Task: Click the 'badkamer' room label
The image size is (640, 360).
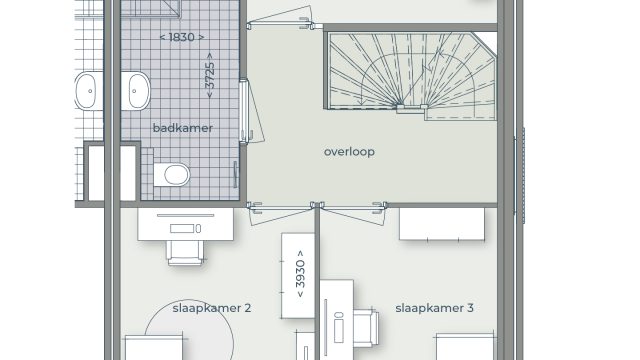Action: tap(182, 128)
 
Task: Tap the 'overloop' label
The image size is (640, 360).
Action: tap(349, 152)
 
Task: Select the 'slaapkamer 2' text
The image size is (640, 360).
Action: tap(211, 308)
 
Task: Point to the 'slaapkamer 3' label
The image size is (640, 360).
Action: tap(434, 308)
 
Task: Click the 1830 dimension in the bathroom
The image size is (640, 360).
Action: tap(182, 37)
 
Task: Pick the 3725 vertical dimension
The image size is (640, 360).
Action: tap(210, 76)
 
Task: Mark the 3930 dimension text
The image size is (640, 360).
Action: tap(300, 273)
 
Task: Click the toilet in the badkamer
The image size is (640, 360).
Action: tap(172, 175)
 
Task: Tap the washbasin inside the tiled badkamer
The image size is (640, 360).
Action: tap(136, 91)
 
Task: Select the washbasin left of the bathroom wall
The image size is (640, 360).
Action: tap(89, 91)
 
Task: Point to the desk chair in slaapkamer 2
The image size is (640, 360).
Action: tap(185, 253)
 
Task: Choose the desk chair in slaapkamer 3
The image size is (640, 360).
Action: tap(366, 327)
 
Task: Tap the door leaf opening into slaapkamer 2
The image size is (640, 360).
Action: tap(282, 214)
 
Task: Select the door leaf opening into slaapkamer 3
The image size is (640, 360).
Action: tap(352, 214)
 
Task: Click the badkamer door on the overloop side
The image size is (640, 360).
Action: tap(251, 111)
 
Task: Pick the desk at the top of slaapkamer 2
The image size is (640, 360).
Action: tap(186, 224)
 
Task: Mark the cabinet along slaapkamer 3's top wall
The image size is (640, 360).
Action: tap(442, 224)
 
